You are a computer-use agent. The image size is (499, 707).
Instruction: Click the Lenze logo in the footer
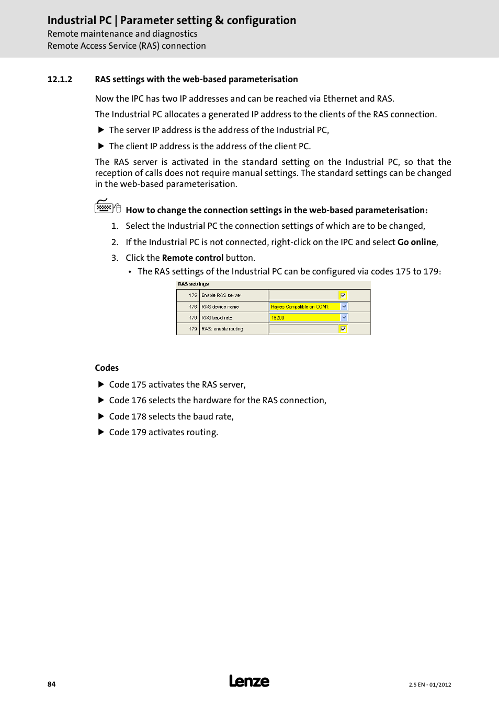click(249, 681)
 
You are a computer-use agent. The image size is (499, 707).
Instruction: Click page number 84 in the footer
click(51, 684)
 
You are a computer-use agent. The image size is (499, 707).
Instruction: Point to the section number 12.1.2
click(60, 80)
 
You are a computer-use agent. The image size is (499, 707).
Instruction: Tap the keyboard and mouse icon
click(107, 207)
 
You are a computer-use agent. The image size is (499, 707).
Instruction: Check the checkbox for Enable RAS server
click(343, 295)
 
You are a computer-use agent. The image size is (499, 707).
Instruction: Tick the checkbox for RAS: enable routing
click(343, 329)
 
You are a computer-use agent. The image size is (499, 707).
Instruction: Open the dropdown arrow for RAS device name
click(344, 307)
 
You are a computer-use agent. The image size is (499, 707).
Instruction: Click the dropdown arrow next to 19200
click(344, 318)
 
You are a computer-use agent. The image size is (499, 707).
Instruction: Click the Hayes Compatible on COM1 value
click(300, 307)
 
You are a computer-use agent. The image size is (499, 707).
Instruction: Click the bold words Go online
click(416, 242)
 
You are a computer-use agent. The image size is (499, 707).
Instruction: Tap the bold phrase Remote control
click(192, 258)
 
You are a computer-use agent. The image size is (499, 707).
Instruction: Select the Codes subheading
click(107, 368)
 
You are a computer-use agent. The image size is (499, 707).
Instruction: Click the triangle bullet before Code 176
click(101, 400)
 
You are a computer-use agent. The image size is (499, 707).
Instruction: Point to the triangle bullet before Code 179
click(101, 432)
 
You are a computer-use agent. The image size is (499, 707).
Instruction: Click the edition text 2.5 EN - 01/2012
click(429, 684)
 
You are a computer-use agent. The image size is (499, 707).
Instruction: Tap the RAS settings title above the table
click(193, 284)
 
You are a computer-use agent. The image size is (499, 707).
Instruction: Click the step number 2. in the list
click(115, 242)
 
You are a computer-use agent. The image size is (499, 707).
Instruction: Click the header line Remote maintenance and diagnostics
click(122, 34)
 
